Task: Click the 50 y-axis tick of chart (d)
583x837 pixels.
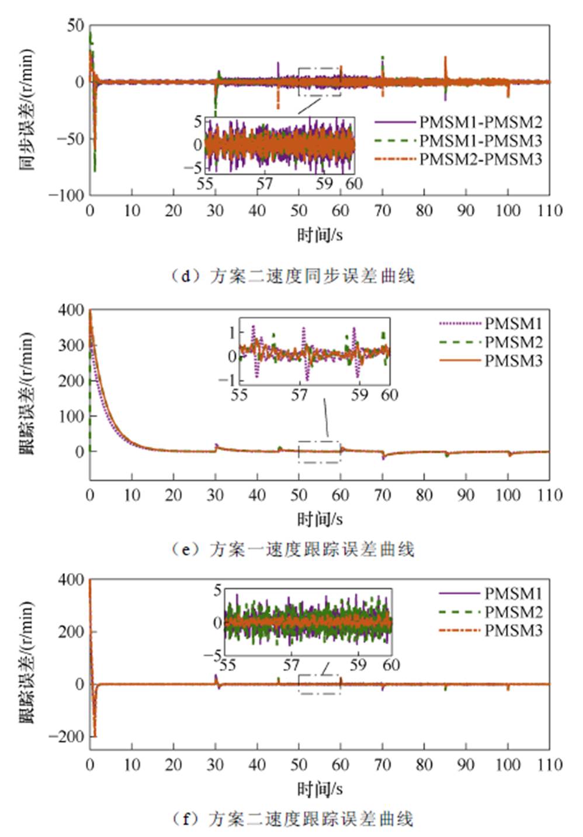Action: [75, 26]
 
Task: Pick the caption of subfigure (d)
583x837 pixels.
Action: [293, 276]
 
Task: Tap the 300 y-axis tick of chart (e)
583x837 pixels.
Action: [71, 345]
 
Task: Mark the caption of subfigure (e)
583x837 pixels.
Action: [293, 550]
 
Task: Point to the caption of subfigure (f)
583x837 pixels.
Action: [293, 819]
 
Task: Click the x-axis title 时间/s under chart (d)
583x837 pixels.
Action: [320, 235]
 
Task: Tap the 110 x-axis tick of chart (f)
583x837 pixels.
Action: [549, 765]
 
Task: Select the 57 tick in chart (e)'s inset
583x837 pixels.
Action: [299, 395]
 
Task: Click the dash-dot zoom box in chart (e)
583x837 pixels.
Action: [319, 452]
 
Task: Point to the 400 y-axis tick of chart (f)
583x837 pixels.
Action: [71, 580]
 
